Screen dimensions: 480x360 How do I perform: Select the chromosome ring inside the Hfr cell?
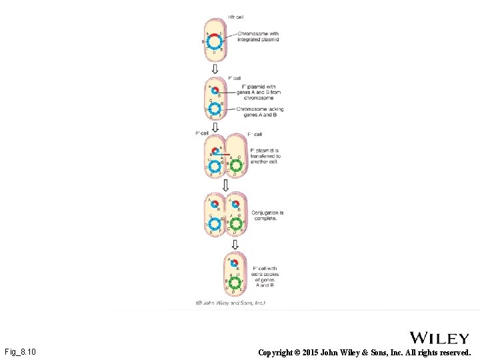215,42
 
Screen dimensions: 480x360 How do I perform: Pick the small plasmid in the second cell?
215,89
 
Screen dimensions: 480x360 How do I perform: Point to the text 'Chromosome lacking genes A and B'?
260,111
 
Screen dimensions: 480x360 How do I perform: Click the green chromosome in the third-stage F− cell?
235,165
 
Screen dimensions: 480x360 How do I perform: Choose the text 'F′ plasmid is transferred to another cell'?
265,156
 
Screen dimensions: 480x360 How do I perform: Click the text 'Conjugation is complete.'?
267,215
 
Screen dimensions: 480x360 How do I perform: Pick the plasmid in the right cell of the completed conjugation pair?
235,204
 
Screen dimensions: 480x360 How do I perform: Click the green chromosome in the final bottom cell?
235,283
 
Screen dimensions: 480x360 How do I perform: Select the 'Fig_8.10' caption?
20,351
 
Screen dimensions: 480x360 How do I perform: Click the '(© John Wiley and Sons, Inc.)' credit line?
230,303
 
